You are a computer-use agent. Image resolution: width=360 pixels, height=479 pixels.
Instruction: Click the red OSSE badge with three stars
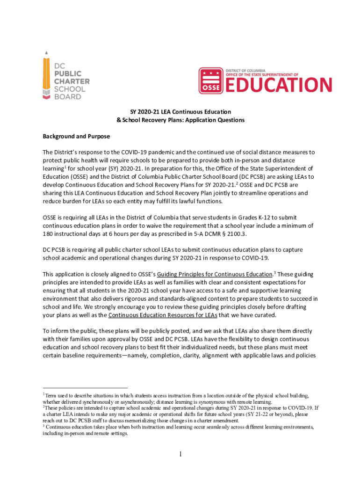pos(210,80)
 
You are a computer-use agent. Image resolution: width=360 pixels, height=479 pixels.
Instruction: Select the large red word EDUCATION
pos(279,85)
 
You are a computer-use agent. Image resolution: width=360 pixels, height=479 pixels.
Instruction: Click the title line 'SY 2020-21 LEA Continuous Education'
pos(180,112)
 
